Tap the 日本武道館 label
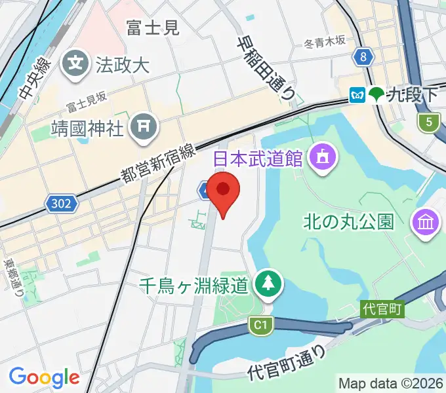[258, 158]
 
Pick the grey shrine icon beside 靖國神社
[142, 127]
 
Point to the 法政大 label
[123, 65]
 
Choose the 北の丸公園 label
[349, 222]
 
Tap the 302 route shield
[62, 204]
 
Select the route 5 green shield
[429, 121]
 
